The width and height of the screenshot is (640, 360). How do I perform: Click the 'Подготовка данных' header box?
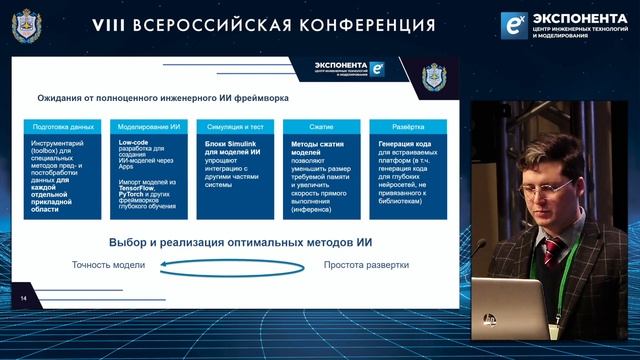[x=63, y=128]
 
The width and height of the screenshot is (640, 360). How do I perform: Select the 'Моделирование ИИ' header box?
[x=146, y=128]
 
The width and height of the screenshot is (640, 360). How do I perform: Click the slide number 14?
[x=22, y=298]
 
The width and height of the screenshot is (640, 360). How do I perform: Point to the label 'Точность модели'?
[x=109, y=265]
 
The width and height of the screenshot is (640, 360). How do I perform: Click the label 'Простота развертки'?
[x=365, y=265]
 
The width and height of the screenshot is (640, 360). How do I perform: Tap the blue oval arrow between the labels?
[x=236, y=265]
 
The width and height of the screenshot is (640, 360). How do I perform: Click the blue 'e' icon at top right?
[x=516, y=25]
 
